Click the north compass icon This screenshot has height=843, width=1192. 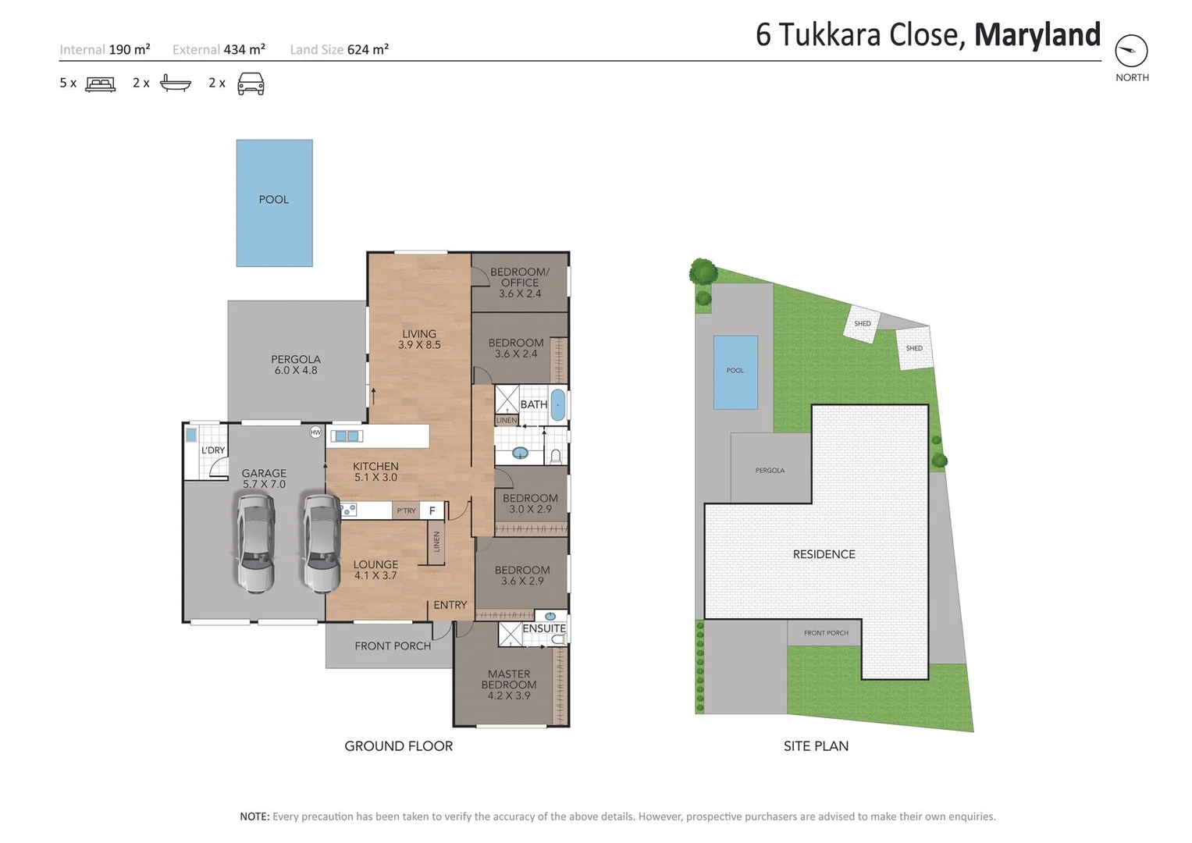pyautogui.click(x=1131, y=52)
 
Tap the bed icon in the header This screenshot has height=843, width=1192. pyautogui.click(x=100, y=84)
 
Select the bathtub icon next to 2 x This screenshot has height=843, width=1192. pyautogui.click(x=175, y=83)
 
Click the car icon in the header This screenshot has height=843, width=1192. pyautogui.click(x=251, y=84)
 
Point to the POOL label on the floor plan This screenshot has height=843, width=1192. pyautogui.click(x=274, y=200)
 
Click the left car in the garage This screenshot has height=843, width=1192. pyautogui.click(x=255, y=544)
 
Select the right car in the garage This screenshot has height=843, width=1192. pyautogui.click(x=321, y=544)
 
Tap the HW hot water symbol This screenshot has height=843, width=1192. pyautogui.click(x=315, y=432)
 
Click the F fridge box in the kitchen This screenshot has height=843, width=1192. pyautogui.click(x=432, y=510)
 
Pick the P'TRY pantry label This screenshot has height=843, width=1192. pyautogui.click(x=406, y=510)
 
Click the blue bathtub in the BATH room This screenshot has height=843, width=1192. pyautogui.click(x=558, y=405)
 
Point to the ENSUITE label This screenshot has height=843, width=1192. pyautogui.click(x=543, y=628)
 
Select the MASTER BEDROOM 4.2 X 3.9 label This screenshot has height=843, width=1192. pyautogui.click(x=509, y=685)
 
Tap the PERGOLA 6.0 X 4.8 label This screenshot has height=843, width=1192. pyautogui.click(x=296, y=365)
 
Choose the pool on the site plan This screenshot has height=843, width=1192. pyautogui.click(x=735, y=372)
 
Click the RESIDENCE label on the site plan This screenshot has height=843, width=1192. pyautogui.click(x=824, y=554)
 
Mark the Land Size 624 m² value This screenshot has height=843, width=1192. pyautogui.click(x=367, y=50)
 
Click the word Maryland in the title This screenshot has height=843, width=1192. pyautogui.click(x=1037, y=35)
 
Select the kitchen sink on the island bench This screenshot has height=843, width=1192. pyautogui.click(x=346, y=436)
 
